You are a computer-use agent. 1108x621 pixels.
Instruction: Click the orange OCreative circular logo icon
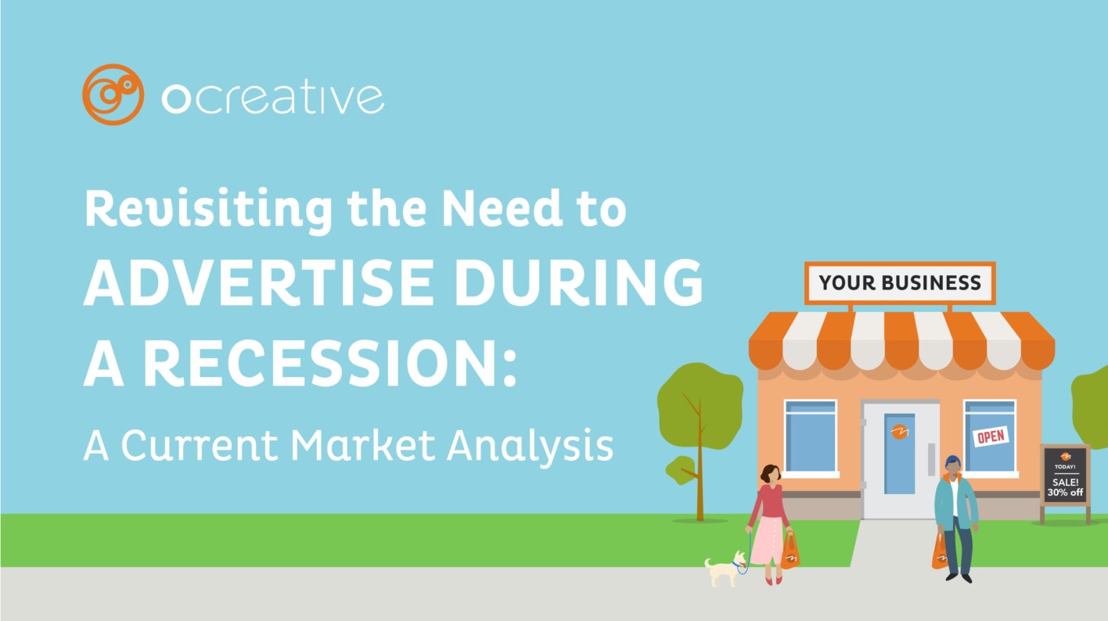click(113, 95)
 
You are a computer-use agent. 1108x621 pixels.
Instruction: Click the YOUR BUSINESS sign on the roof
click(900, 282)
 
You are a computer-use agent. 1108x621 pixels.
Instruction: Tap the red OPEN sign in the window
click(991, 436)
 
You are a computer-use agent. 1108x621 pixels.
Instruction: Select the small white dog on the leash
click(723, 569)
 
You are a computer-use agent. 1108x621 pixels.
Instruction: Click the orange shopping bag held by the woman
click(791, 551)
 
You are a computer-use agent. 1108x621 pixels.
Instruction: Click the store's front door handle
click(930, 458)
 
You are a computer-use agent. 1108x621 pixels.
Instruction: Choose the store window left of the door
click(810, 436)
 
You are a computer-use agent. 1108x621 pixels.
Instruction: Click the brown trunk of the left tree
click(700, 469)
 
